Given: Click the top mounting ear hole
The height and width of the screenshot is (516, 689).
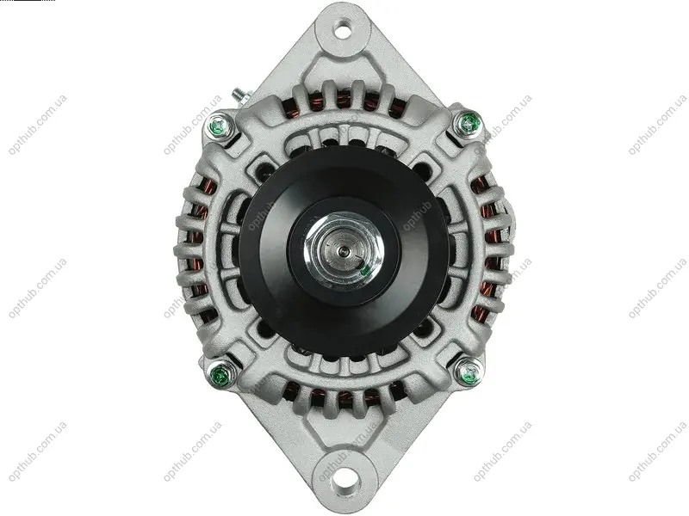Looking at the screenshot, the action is click(343, 31).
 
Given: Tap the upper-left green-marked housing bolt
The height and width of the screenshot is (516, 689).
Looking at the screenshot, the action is click(220, 126).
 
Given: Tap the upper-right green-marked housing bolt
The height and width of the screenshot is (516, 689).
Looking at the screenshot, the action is click(469, 122).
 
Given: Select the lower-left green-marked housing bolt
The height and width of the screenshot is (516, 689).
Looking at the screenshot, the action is click(220, 376).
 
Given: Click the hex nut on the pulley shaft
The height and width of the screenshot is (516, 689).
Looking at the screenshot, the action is click(344, 251).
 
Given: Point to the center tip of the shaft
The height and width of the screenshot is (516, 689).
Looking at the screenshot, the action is click(343, 251).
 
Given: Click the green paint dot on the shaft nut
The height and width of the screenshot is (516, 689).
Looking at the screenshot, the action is click(364, 271).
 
